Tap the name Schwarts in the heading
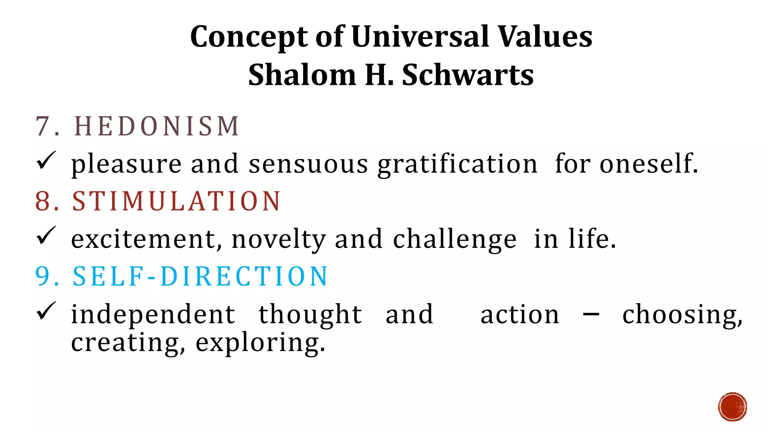(468, 75)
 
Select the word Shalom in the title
(302, 75)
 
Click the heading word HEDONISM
(157, 126)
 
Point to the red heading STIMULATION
(176, 201)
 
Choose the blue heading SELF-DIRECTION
(200, 277)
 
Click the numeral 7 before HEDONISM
(42, 126)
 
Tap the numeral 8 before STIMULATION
(42, 201)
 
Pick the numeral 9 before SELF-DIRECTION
(42, 277)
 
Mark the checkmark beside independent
(46, 311)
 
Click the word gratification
(457, 165)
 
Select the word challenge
(455, 240)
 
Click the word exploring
(260, 343)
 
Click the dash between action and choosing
(591, 314)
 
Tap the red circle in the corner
(732, 407)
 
